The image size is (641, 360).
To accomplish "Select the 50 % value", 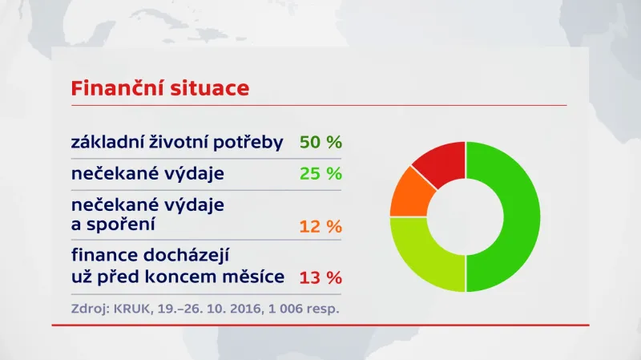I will (320, 143).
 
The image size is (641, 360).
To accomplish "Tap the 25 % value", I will (320, 173).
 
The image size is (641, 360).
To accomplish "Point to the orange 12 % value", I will (320, 227).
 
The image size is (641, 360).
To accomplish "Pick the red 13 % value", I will (320, 278).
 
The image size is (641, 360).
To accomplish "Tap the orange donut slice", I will (409, 192).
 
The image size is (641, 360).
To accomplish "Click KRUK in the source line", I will (129, 307).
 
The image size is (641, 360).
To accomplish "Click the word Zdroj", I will (87, 308).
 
